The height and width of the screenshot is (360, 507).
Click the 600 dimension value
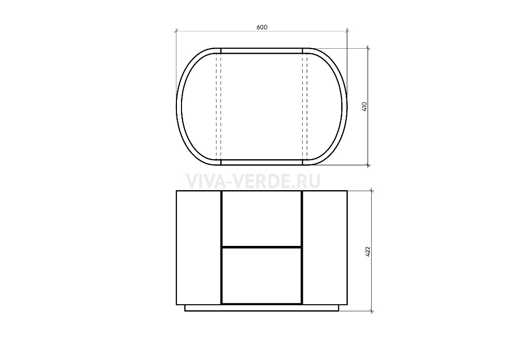coord(262,27)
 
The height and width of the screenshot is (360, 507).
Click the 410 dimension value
coord(365,107)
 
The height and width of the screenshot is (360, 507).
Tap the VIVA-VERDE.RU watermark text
coord(253,182)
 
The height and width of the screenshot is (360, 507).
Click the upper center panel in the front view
coord(262,219)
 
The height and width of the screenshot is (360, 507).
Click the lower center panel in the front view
coord(262,276)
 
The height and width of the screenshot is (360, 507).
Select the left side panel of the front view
coord(199,248)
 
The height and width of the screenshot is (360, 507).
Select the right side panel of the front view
coord(324,248)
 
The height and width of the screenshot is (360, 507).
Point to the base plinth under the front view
coord(262,308)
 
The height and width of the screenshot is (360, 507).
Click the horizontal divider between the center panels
coord(262,247)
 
